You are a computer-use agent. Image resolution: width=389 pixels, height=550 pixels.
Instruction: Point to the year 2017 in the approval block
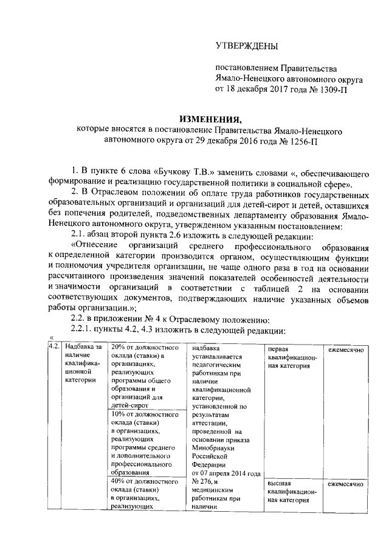pyautogui.click(x=277, y=88)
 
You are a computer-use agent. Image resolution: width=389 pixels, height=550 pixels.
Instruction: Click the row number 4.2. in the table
pyautogui.click(x=53, y=347)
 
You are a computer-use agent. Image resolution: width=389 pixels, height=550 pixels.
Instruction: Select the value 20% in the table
pyautogui.click(x=119, y=347)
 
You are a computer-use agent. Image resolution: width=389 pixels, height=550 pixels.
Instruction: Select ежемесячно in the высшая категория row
pyautogui.click(x=346, y=484)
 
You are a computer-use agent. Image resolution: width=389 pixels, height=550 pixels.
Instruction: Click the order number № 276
pyautogui.click(x=200, y=482)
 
